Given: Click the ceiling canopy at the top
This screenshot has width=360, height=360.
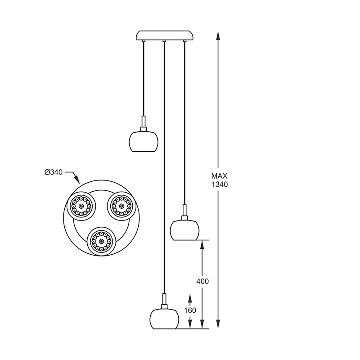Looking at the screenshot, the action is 165,36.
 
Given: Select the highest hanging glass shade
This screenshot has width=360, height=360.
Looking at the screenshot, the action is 144,141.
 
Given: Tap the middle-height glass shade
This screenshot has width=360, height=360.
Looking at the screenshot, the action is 184,230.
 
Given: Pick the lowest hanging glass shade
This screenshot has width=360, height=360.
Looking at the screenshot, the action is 164,319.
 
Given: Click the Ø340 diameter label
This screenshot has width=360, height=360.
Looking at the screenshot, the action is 54,172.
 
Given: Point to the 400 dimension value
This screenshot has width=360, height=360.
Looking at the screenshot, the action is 202,281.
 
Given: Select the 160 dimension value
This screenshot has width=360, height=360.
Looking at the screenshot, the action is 190,310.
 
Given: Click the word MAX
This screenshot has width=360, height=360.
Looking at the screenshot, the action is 220,176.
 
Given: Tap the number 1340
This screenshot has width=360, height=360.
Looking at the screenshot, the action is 220,184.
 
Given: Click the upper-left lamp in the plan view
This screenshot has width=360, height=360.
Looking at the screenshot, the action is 81,206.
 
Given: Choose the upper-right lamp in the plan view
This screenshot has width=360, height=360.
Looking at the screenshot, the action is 121,206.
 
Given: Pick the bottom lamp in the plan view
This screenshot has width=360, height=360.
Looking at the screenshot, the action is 101,241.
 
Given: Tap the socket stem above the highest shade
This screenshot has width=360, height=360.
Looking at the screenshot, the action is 144,124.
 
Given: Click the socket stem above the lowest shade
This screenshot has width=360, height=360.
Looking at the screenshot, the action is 164,301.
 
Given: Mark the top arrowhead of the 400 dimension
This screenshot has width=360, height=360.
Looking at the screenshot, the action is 202,246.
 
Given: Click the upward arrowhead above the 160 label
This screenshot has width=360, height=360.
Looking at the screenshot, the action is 190,299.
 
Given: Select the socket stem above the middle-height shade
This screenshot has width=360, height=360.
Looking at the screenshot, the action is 184,212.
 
